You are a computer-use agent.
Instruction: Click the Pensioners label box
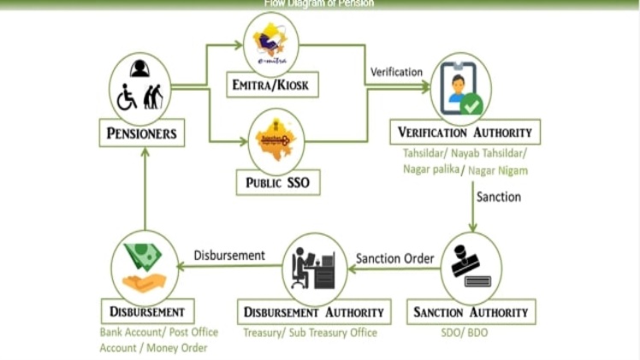click(x=142, y=133)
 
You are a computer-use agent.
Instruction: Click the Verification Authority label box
click(x=465, y=133)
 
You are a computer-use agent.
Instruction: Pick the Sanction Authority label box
click(x=471, y=311)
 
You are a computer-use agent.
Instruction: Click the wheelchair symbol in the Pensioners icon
click(x=127, y=97)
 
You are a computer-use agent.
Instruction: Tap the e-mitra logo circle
click(x=271, y=43)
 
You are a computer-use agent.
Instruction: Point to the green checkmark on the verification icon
click(x=471, y=106)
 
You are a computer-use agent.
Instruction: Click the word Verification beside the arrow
click(x=396, y=72)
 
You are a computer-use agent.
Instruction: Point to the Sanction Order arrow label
click(x=395, y=258)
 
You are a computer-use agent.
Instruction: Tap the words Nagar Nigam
click(x=498, y=170)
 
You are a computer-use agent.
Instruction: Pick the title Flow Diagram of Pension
click(x=318, y=3)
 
